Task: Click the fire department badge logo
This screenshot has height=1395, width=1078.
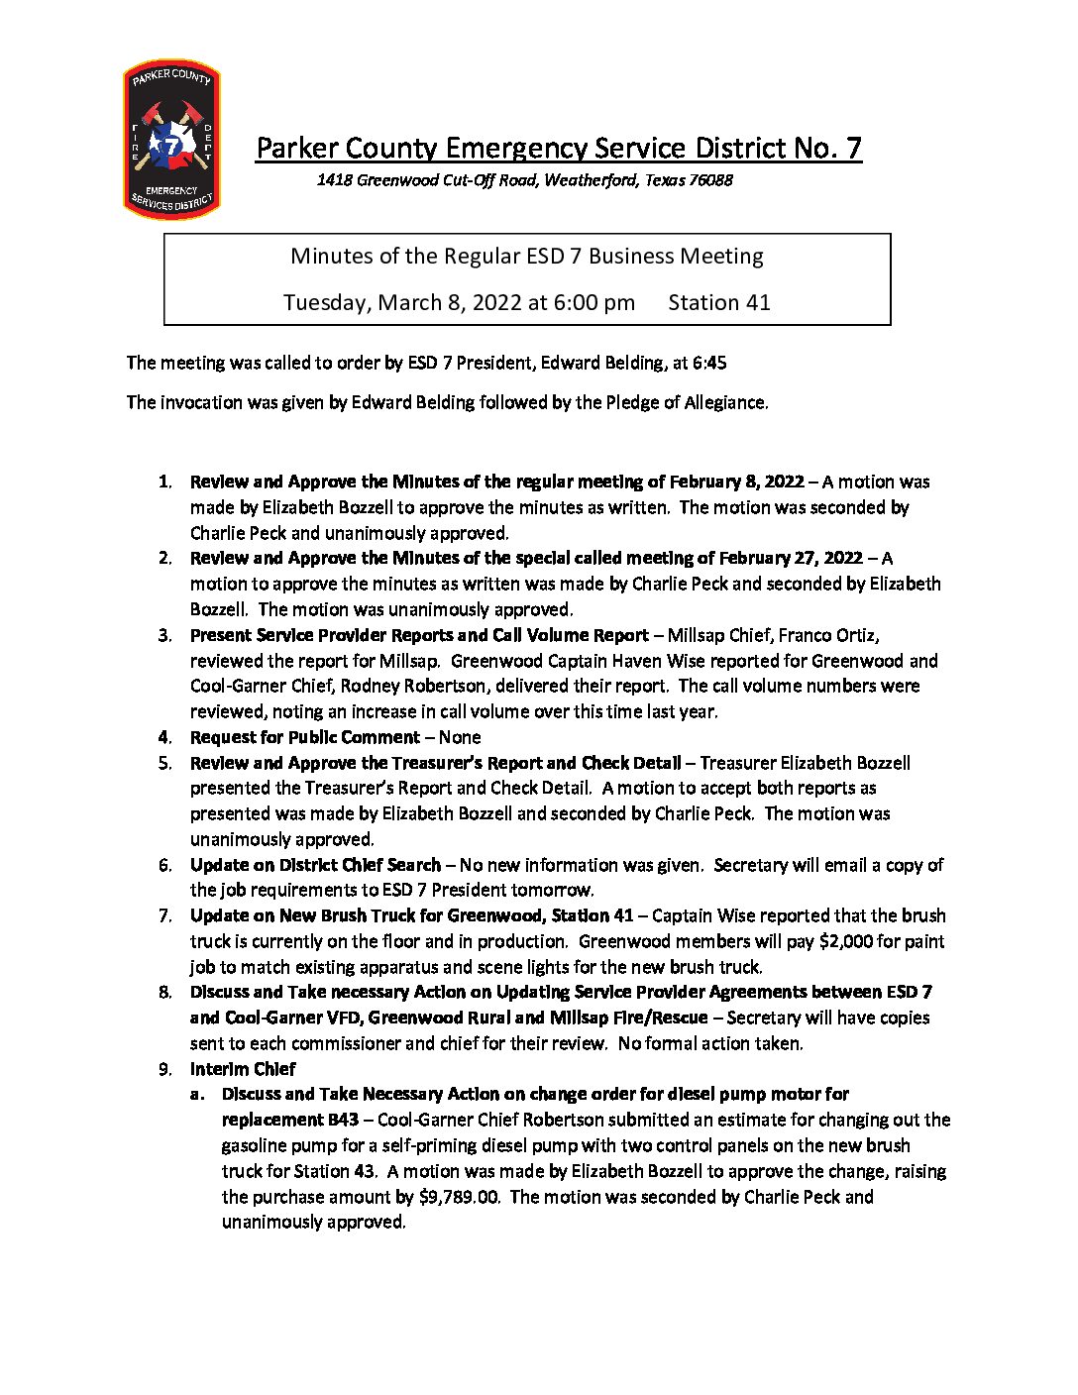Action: pos(171,139)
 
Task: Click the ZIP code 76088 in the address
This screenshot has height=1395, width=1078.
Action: pos(710,180)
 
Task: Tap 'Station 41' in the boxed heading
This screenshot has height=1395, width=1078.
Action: pos(719,302)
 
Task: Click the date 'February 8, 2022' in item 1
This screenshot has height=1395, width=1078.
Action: pos(736,482)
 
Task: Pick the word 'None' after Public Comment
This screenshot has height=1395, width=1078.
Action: pos(460,737)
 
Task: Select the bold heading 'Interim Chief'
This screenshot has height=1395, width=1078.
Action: pos(243,1069)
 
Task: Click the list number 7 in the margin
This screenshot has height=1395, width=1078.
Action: pos(164,915)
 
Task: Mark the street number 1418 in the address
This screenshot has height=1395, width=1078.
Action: pos(334,180)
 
